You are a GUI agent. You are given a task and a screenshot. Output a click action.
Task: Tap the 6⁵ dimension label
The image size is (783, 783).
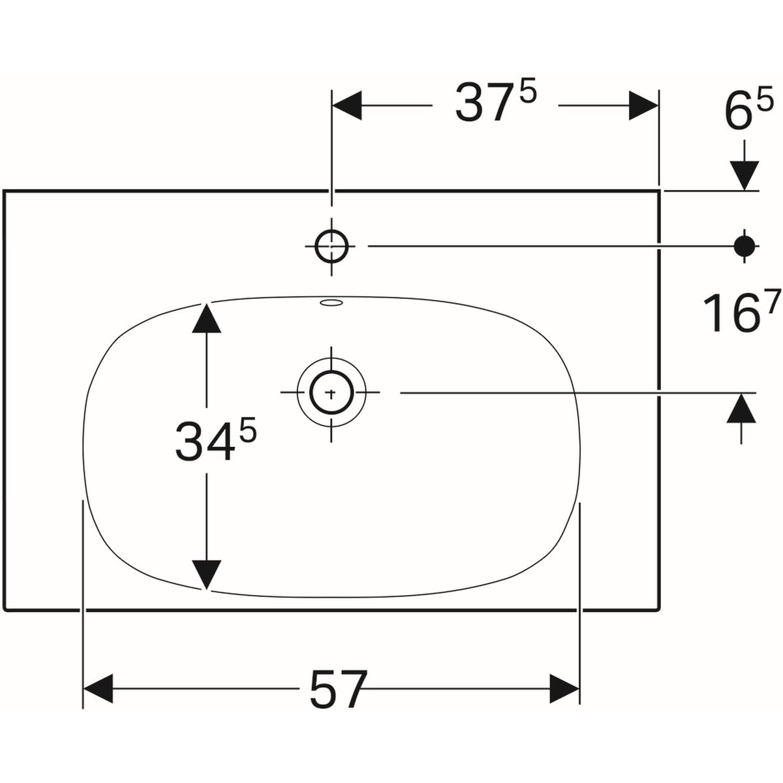[x=748, y=112]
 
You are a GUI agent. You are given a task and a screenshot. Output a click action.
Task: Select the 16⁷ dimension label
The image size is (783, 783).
[x=741, y=310]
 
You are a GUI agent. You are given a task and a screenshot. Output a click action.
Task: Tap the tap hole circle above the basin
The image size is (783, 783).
[x=331, y=246]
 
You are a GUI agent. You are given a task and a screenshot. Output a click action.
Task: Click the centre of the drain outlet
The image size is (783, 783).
[x=331, y=393]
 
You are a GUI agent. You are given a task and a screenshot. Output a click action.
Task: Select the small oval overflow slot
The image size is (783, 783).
[x=331, y=302]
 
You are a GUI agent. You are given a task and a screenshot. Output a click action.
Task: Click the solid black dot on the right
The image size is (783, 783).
[x=745, y=246]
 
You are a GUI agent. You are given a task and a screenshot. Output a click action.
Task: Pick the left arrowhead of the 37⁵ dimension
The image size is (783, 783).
[x=347, y=106]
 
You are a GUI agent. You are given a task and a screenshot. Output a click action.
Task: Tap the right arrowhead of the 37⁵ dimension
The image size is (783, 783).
[x=643, y=106]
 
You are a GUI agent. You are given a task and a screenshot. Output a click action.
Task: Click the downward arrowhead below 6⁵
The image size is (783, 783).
[x=745, y=176]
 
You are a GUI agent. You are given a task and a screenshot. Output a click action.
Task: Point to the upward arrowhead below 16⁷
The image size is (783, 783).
[x=741, y=408]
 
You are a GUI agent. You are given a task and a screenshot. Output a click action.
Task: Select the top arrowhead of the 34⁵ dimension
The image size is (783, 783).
[x=207, y=318]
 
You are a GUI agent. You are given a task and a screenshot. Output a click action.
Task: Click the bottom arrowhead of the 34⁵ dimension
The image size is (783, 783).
[x=207, y=575]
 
